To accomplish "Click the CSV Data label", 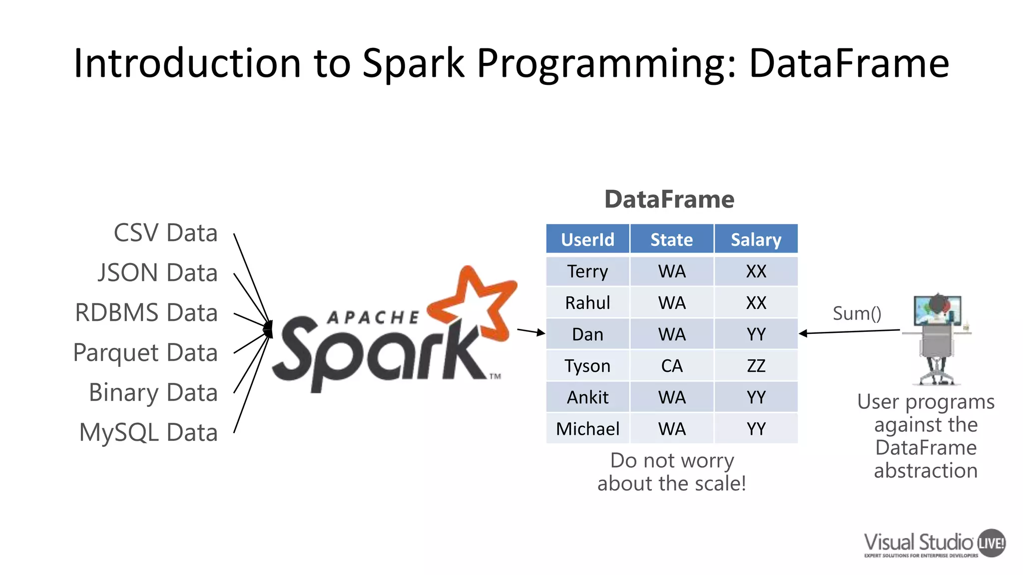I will click(165, 233).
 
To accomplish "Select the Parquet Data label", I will click(145, 353).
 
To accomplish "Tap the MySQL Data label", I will click(148, 432).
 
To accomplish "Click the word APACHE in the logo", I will click(373, 317).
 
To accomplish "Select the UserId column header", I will click(587, 240).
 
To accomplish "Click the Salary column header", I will click(756, 240).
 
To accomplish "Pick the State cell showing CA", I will click(671, 366).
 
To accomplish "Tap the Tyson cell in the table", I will click(587, 366).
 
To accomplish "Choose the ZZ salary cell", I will click(756, 366).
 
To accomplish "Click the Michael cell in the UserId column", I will click(587, 429).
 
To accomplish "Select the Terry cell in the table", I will click(587, 272).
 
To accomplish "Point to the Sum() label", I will click(857, 313).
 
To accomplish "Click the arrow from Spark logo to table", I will click(531, 331).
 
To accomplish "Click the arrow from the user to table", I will click(849, 331).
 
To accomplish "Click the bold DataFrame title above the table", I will click(669, 199).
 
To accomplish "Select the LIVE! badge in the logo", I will click(991, 543).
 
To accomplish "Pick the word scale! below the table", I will click(719, 483).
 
